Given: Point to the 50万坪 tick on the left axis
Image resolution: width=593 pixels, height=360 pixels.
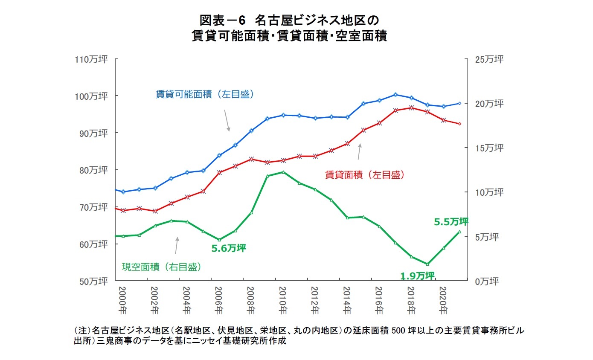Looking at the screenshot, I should tap(92, 282).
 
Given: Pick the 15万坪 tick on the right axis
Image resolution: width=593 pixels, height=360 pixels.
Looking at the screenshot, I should tap(489, 148).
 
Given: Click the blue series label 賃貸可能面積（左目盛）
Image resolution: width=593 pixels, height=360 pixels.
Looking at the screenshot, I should tap(205, 94).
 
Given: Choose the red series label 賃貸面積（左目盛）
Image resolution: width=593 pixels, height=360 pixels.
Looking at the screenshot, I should tap(364, 174).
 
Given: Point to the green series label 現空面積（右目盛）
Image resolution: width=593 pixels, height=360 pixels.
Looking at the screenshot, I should tap(162, 267).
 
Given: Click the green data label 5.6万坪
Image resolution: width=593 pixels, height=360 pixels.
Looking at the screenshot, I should tap(229, 248).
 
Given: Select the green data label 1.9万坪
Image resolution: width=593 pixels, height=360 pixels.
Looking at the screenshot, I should tap(417, 276).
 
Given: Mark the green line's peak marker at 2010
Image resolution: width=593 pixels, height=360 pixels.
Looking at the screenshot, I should tap(283, 172).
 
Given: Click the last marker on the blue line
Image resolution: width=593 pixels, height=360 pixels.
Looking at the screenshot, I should tap(459, 103).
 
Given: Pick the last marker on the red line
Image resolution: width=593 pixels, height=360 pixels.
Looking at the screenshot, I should tap(459, 124).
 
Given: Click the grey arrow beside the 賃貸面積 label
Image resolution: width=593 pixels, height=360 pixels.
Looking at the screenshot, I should tap(359, 151).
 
